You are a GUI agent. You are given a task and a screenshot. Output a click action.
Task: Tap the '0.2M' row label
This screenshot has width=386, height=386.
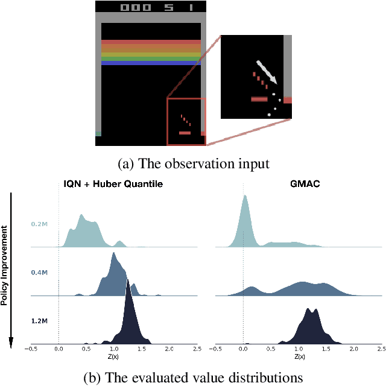pyautogui.click(x=40, y=224)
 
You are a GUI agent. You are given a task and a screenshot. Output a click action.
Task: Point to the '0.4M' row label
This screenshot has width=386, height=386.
pyautogui.click(x=40, y=272)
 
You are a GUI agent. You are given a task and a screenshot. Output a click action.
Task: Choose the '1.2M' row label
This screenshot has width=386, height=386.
pyautogui.click(x=40, y=320)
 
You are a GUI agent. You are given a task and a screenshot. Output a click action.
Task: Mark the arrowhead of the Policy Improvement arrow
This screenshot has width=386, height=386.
pyautogui.click(x=11, y=345)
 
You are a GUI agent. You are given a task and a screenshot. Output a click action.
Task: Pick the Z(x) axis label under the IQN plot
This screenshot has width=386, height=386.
pyautogui.click(x=113, y=356)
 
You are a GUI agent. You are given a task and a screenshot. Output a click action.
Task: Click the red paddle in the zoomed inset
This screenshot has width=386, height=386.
pyautogui.click(x=259, y=99)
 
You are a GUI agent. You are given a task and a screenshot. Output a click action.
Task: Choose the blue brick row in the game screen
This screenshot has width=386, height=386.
pyautogui.click(x=151, y=63)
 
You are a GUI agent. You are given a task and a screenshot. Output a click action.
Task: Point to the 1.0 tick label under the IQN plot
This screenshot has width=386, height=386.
pyautogui.click(x=113, y=349)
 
